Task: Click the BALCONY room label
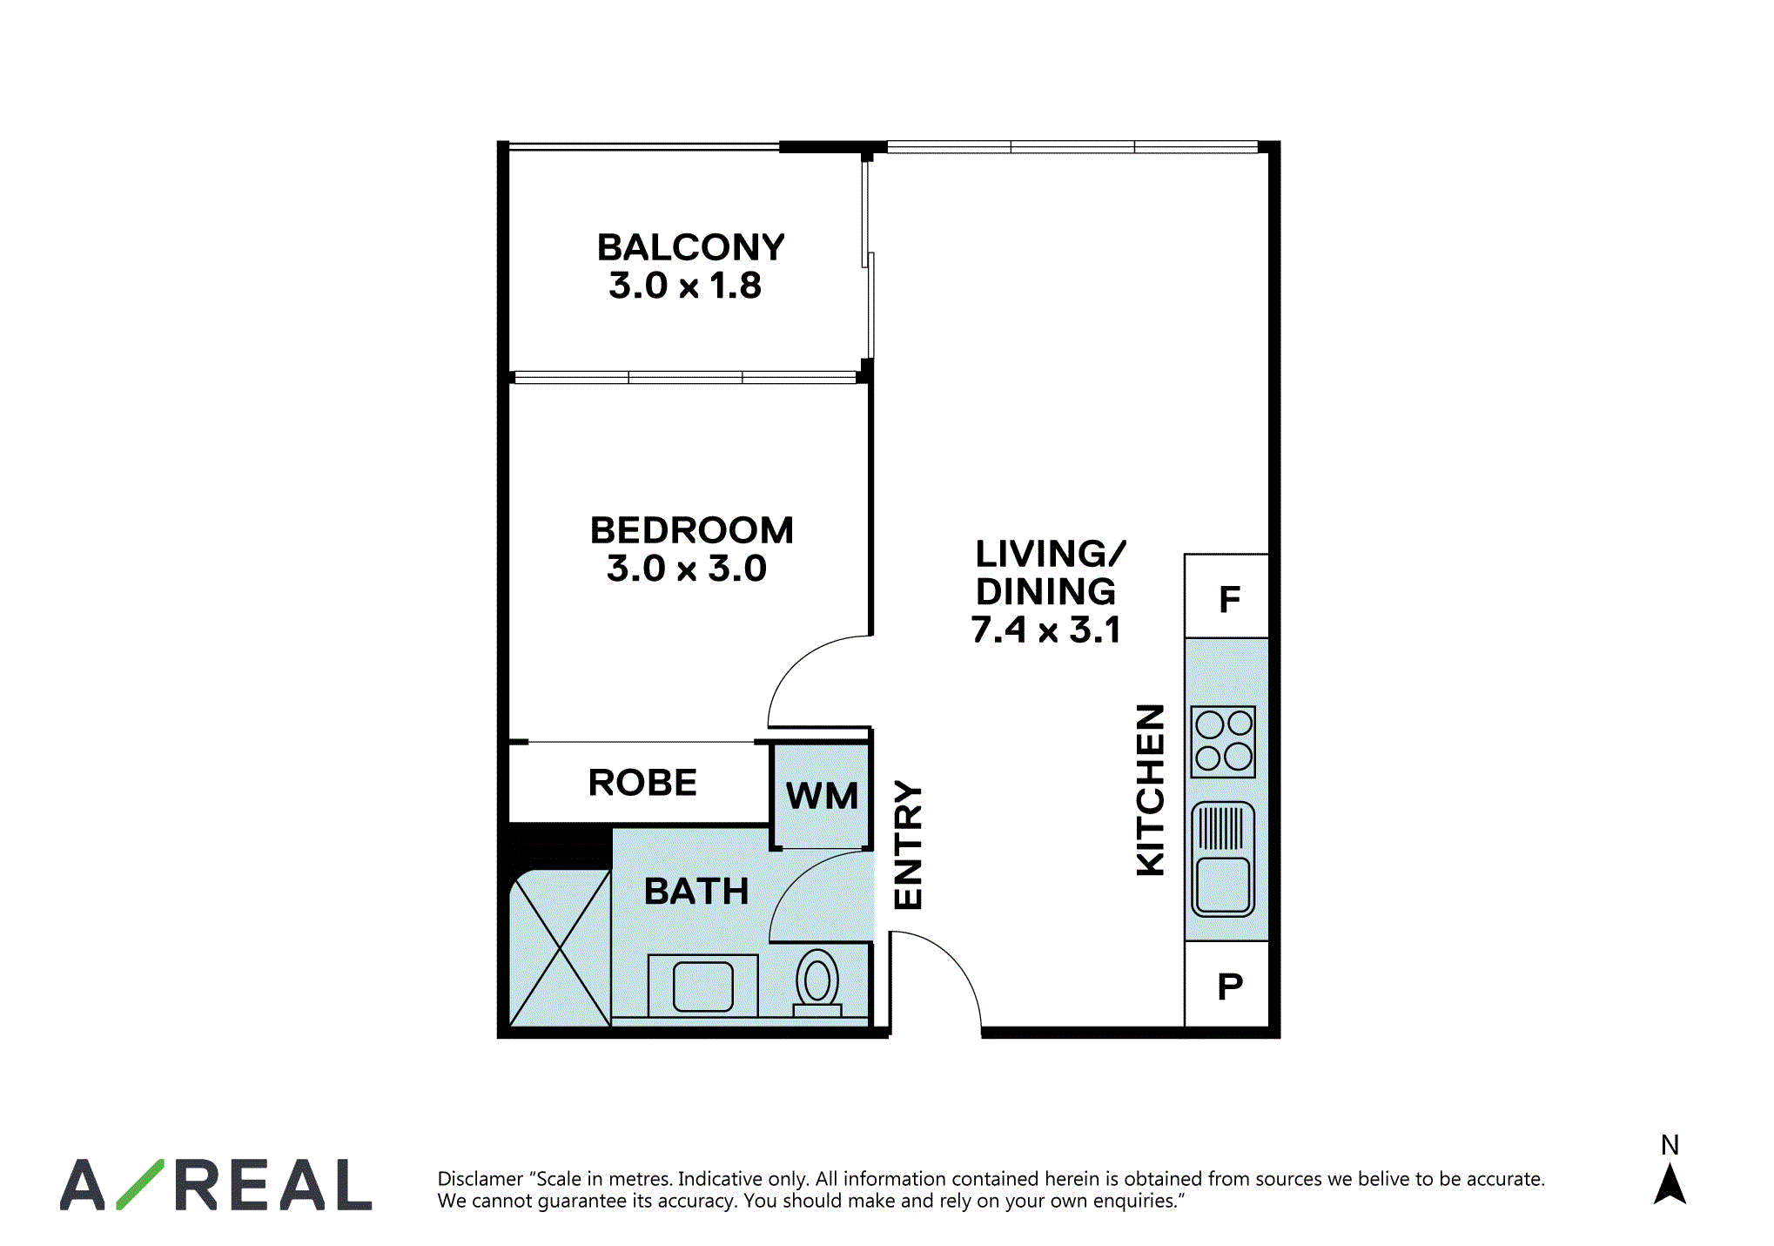pos(690,247)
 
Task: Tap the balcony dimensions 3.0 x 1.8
pos(685,286)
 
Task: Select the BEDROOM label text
pos(692,530)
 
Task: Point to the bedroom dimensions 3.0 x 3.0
pos(687,569)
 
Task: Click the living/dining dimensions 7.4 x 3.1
pos(1046,630)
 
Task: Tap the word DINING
pos(1045,592)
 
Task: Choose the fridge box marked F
pos(1226,596)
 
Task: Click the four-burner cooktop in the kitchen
pos(1224,742)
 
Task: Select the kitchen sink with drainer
pos(1223,859)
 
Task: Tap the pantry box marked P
pos(1226,985)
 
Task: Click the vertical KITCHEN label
pos(1151,790)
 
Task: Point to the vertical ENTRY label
pos(908,845)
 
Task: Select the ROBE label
pos(642,783)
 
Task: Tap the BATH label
pos(696,892)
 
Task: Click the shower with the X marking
pos(560,948)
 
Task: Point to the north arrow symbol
pos(1670,1184)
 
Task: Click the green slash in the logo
pos(140,1184)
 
